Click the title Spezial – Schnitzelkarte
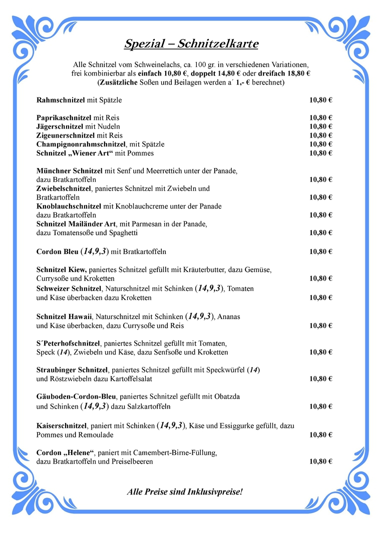tap(191, 44)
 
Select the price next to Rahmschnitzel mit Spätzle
tap(321, 100)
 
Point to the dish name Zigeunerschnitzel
tap(65, 135)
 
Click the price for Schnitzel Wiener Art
tap(321, 153)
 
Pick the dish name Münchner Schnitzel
tap(69, 171)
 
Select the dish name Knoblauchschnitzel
tap(69, 206)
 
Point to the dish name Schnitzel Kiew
tap(62, 270)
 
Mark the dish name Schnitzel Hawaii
tap(64, 316)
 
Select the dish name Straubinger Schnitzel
tap(72, 370)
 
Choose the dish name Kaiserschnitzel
tap(62, 426)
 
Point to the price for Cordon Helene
tap(321, 461)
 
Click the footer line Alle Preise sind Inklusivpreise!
tap(185, 492)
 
